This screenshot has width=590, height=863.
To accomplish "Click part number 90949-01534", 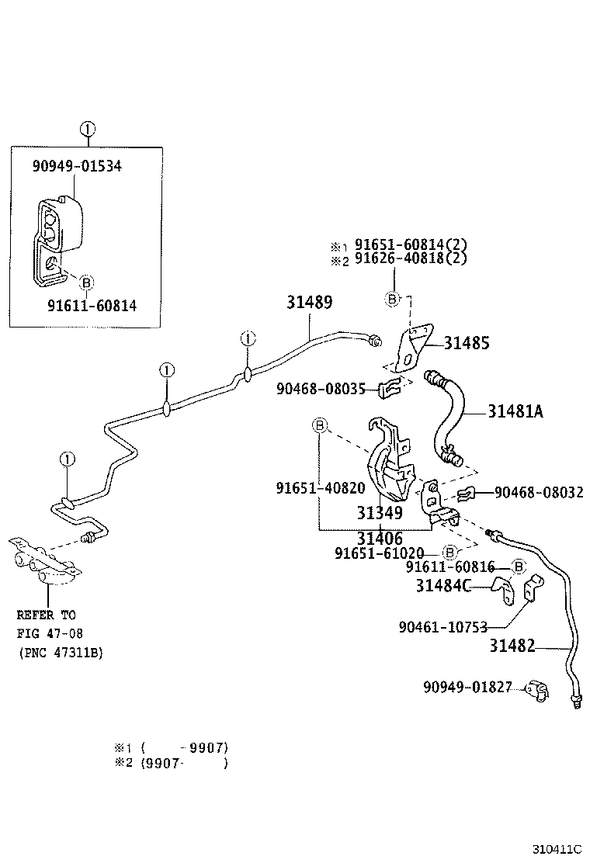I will [x=77, y=165].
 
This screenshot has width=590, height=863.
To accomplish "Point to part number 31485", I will [x=467, y=343].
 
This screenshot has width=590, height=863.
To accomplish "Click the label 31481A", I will [x=515, y=412].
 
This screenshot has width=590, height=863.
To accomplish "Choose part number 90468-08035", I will [x=320, y=389].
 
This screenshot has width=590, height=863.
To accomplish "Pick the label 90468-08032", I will [x=539, y=492].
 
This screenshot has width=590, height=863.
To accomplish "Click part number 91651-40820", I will [x=320, y=488].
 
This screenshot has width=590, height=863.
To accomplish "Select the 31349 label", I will [x=380, y=513].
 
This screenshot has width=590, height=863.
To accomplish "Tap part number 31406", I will [x=380, y=538].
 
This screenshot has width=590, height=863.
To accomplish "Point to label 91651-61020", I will [x=379, y=553].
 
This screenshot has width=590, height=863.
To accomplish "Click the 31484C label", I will [x=442, y=586].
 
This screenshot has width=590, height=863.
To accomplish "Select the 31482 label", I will [x=512, y=646].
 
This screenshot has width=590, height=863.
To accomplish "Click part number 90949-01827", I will [x=467, y=687].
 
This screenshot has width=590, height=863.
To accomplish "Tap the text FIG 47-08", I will [x=46, y=633].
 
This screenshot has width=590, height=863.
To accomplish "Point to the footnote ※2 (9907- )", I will [x=171, y=763].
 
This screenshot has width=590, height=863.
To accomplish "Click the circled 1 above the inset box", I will [x=87, y=129].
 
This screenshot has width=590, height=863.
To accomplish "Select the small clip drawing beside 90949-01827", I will [x=536, y=689].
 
